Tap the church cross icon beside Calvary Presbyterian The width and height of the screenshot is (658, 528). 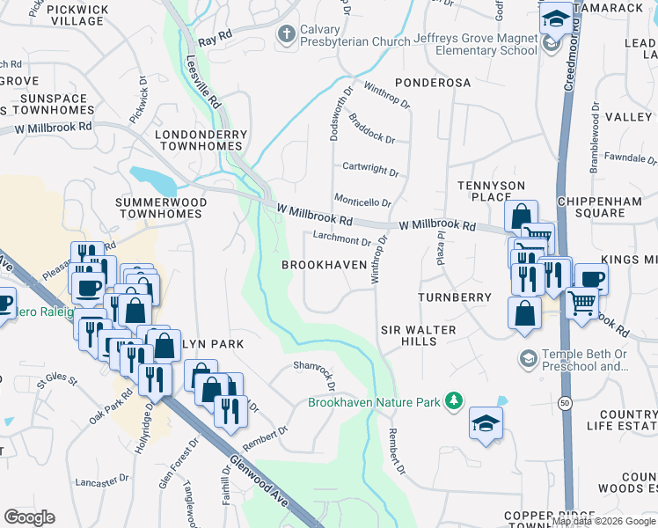(286, 34)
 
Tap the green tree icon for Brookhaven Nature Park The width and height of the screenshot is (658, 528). (453, 402)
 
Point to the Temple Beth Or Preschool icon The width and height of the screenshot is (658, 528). (528, 358)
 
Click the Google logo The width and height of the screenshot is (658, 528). (29, 517)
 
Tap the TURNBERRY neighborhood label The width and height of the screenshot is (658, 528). (455, 297)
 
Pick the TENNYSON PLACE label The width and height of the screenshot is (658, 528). (491, 192)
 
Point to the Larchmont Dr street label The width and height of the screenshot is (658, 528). (342, 239)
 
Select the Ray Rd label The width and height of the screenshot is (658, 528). (215, 40)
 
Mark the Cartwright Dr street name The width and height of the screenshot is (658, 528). (370, 168)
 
